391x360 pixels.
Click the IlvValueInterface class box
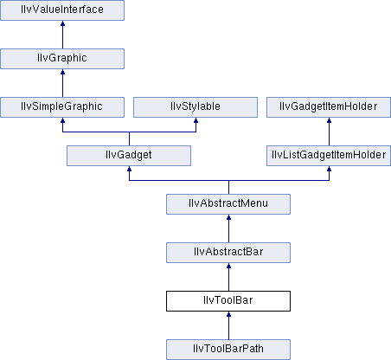point(62,10)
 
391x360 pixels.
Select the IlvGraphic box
point(62,59)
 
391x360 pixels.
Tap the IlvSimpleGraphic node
point(62,107)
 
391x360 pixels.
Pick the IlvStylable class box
point(195,107)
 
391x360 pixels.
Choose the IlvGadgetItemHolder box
point(329,107)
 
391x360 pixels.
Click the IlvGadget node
point(129,156)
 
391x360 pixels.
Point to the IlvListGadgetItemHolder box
point(329,156)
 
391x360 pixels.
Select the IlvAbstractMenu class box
point(228,204)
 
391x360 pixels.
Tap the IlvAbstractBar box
point(228,253)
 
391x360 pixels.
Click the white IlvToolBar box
point(228,301)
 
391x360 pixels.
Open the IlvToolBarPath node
point(228,350)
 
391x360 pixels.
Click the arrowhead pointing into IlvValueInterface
point(62,23)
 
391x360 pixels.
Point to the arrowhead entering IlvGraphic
point(62,72)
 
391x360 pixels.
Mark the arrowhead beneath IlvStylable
point(195,120)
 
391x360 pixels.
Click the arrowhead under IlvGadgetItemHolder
point(329,120)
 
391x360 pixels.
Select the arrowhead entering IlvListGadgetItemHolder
point(329,169)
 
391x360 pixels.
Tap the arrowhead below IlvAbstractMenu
point(228,217)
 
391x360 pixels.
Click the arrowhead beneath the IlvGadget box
point(129,169)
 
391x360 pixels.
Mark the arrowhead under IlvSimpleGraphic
point(62,120)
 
